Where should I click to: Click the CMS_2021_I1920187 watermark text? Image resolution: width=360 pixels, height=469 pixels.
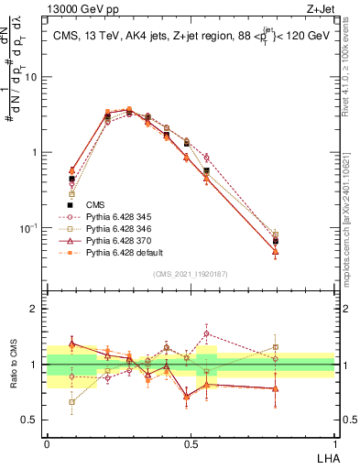pyautogui.click(x=191, y=273)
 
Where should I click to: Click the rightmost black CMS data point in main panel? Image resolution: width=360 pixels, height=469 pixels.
pyautogui.click(x=276, y=241)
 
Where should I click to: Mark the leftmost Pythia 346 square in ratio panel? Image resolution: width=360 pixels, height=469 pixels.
pyautogui.click(x=72, y=401)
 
